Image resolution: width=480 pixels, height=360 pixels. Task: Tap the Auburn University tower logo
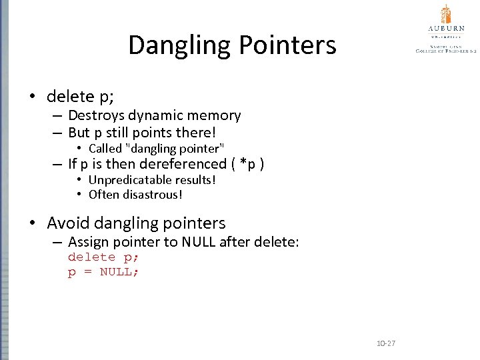(x=446, y=14)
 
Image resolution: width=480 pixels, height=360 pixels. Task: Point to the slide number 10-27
(x=386, y=343)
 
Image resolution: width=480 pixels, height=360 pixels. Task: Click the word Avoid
(x=69, y=223)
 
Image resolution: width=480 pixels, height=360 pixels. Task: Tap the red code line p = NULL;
(x=103, y=271)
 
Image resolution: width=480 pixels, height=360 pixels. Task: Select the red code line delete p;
(x=103, y=257)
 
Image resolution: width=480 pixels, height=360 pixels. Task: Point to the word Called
(x=105, y=148)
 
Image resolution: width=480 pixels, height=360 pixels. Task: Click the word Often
(x=103, y=195)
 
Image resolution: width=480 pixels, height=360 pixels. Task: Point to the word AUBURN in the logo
(x=446, y=29)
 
